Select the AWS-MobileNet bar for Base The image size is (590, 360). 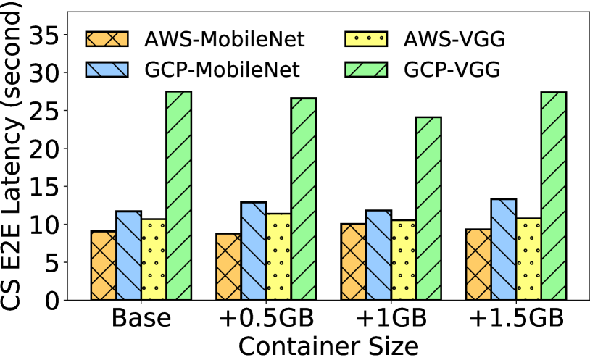click(x=103, y=264)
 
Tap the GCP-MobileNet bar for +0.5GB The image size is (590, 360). click(x=254, y=249)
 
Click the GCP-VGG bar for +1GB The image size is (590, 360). click(x=428, y=206)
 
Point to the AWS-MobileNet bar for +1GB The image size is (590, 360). click(x=353, y=260)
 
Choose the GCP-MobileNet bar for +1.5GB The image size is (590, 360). click(x=504, y=248)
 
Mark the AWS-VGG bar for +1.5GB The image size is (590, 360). click(x=528, y=257)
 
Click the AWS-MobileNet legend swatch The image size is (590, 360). click(x=106, y=38)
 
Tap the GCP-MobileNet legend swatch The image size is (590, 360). click(x=106, y=70)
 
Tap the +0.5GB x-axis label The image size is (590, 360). click(x=266, y=319)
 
